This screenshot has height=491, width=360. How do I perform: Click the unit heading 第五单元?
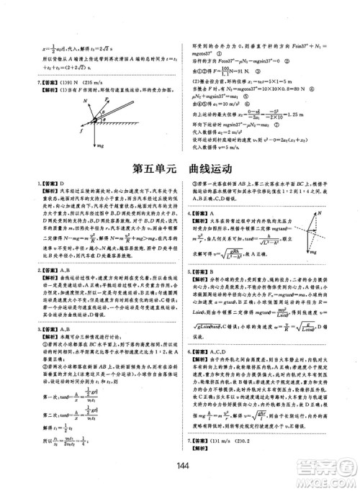(x=154, y=170)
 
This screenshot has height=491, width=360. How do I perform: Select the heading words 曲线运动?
(x=211, y=170)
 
